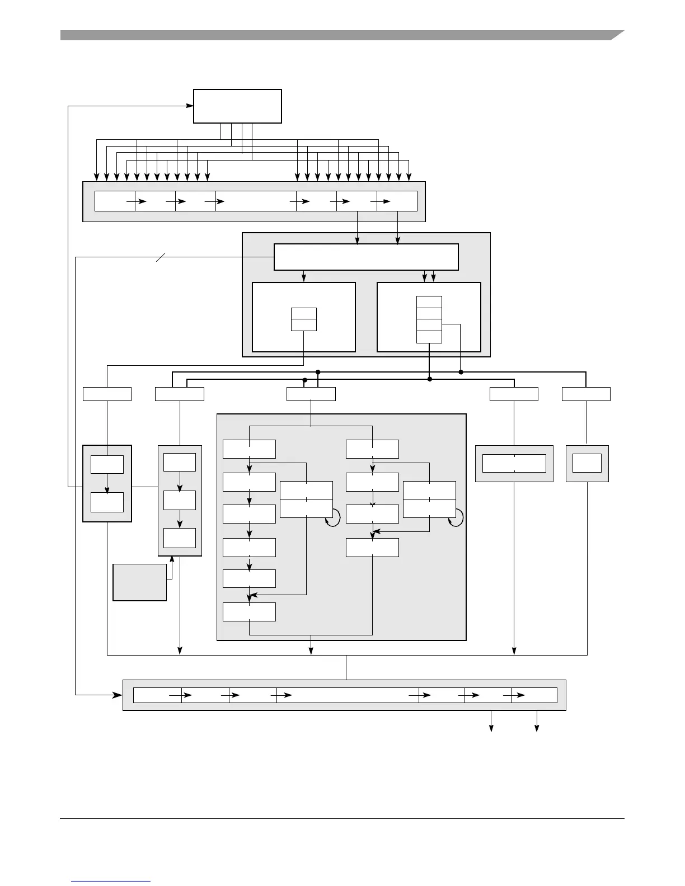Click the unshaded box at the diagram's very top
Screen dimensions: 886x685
[237, 106]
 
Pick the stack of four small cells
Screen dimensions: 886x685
[429, 319]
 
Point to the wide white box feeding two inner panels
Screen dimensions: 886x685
[366, 257]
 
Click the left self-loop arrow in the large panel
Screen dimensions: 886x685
[334, 518]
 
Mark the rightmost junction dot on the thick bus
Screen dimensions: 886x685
[461, 371]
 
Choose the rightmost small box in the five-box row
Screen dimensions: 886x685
[586, 394]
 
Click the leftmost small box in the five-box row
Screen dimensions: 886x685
[107, 394]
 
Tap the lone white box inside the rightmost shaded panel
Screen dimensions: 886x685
[587, 463]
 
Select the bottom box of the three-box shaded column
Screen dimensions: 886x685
[180, 538]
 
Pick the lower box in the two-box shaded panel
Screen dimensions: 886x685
[107, 502]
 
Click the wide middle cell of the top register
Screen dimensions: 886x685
[256, 201]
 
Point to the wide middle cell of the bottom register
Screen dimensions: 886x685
[348, 695]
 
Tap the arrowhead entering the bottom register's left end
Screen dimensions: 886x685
[118, 695]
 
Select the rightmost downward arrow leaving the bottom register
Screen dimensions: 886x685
[537, 727]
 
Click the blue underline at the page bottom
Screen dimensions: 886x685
[111, 881]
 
